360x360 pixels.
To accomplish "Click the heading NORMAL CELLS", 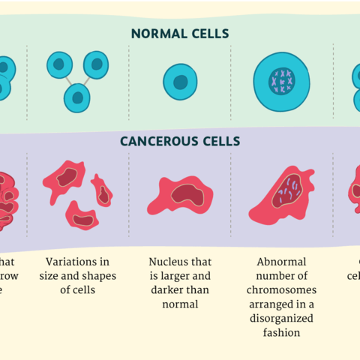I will click(180, 33).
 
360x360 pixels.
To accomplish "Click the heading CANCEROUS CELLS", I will click(180, 141).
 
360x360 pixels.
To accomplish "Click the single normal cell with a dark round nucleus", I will click(180, 82).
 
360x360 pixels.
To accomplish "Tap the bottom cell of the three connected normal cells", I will click(76, 97).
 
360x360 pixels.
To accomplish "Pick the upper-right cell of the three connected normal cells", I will click(96, 64).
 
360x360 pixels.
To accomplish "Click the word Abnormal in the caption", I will click(281, 262).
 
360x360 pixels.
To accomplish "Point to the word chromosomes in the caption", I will click(281, 290).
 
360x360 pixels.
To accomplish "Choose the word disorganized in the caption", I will click(281, 318).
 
